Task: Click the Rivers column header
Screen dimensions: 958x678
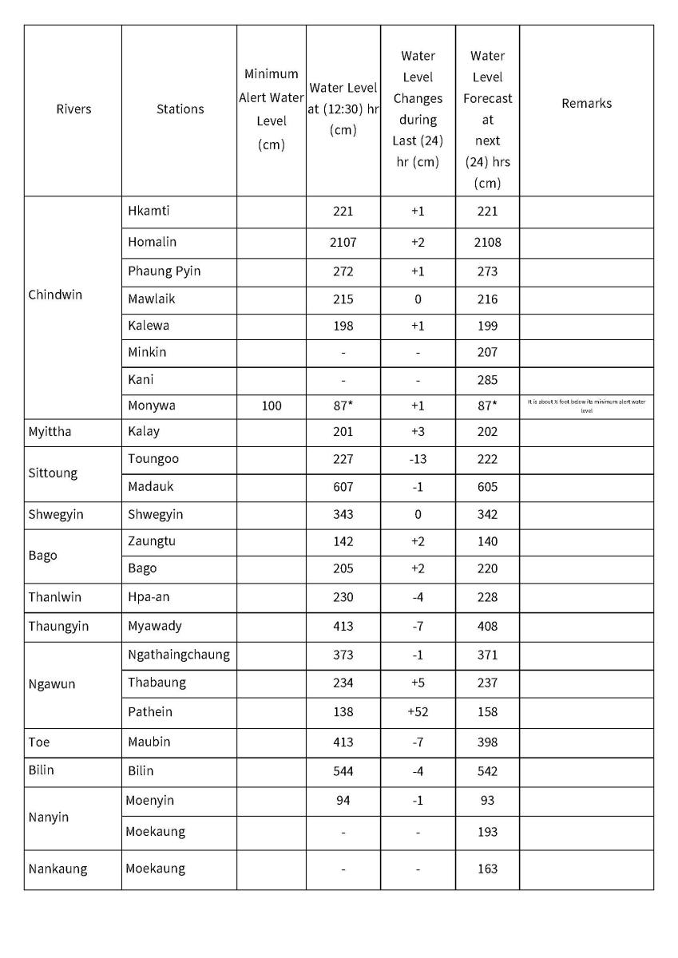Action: [73, 109]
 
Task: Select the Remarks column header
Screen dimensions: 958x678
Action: [586, 103]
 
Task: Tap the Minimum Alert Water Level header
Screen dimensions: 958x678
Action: [272, 109]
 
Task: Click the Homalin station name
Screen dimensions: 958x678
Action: [152, 241]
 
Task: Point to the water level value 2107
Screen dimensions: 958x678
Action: [343, 242]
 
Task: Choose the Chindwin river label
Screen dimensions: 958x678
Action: [55, 295]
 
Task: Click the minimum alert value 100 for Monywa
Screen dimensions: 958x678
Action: [272, 406]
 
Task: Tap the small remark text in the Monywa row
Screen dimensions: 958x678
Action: [586, 406]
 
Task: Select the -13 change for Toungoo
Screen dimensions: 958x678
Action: [418, 459]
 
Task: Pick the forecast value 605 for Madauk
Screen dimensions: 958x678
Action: [487, 487]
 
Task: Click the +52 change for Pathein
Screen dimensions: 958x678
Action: [418, 711]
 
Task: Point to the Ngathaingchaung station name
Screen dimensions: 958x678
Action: [179, 655]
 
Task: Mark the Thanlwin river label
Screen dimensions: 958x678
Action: [55, 596]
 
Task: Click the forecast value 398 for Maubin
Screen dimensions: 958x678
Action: [487, 742]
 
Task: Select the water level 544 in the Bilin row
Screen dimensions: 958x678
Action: [343, 771]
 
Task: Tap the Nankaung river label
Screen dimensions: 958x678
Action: [57, 869]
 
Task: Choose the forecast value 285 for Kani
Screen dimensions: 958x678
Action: [487, 379]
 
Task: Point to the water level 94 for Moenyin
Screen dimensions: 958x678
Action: [343, 800]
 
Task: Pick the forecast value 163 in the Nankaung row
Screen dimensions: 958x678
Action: [487, 869]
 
